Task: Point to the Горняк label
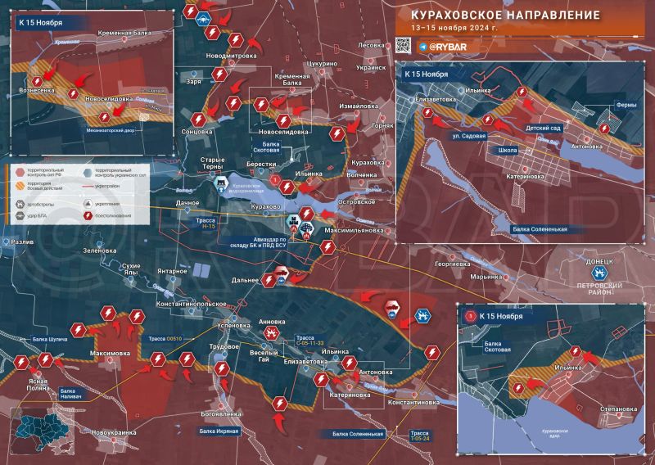pyautogui.click(x=382, y=126)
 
